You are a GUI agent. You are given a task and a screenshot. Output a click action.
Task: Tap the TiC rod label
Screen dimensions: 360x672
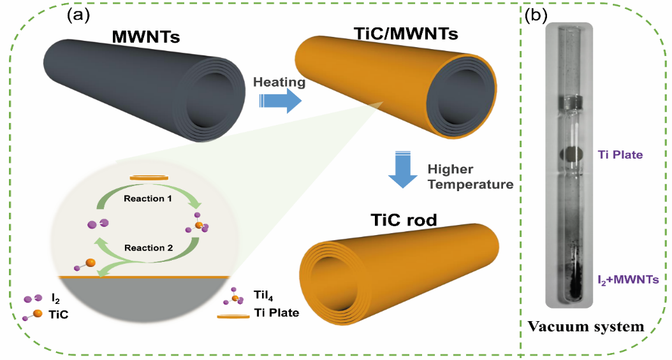pos(403,220)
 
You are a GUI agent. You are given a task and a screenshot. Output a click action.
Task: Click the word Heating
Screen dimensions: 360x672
pos(279,82)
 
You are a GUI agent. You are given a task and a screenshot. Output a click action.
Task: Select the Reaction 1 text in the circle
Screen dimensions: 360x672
pos(148,198)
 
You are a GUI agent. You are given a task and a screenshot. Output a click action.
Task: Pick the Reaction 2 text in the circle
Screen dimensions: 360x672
pos(148,247)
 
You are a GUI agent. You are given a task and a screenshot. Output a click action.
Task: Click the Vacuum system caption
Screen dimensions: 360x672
pos(585,327)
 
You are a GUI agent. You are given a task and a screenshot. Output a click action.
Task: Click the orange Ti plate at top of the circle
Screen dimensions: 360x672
pos(149,178)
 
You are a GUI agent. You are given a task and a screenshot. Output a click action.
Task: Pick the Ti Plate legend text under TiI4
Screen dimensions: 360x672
pos(277,313)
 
